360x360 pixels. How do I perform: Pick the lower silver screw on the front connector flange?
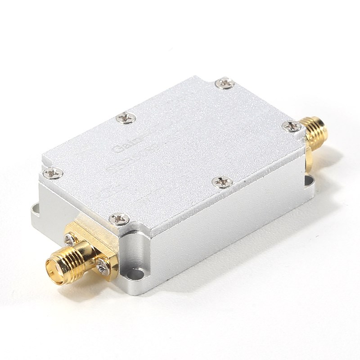tap(103, 268)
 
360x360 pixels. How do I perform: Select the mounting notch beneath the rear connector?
tap(310, 180)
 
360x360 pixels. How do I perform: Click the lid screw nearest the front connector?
tap(119, 219)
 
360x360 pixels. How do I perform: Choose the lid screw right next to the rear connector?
tap(292, 126)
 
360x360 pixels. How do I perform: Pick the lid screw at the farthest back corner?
tap(224, 83)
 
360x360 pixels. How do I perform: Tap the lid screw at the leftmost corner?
tap(53, 172)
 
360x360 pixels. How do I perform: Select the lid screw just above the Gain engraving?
tap(126, 118)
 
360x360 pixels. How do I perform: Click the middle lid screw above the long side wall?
tap(222, 182)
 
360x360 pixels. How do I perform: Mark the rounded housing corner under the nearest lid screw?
tap(135, 252)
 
